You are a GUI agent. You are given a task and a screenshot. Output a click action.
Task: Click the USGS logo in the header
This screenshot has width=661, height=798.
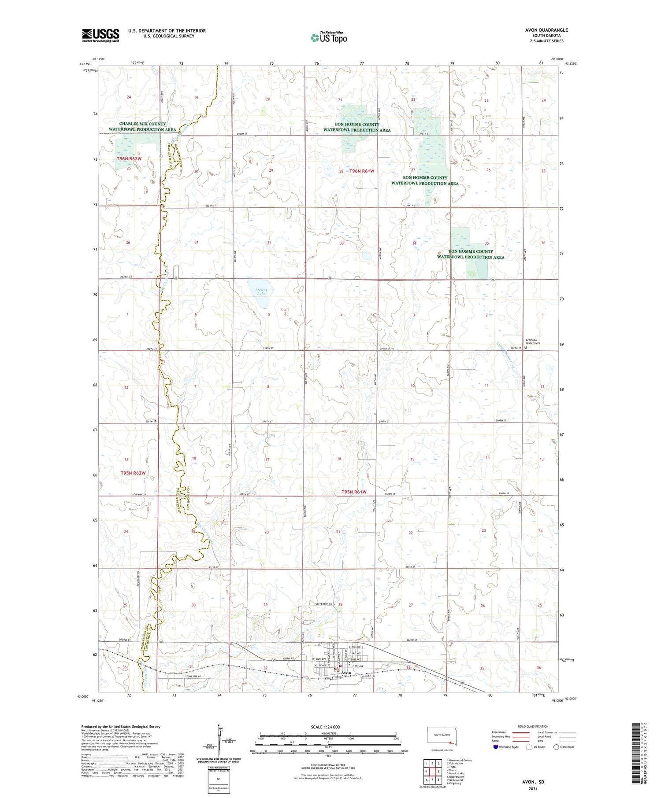tap(100, 35)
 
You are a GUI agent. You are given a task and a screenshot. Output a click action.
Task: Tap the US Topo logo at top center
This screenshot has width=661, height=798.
tap(329, 37)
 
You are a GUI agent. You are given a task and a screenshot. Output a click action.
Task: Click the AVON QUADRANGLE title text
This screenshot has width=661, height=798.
tap(546, 30)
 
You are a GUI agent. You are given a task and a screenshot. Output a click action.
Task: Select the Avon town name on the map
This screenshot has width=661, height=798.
tap(346, 673)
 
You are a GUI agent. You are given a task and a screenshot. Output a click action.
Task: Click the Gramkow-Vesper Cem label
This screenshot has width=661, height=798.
tap(532, 342)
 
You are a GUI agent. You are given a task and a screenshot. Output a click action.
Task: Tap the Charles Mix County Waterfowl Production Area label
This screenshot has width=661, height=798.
tap(142, 127)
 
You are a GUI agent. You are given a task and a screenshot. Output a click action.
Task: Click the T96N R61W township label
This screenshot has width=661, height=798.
tap(361, 171)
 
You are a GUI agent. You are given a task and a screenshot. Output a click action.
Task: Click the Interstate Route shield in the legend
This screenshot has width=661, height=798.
tap(496, 747)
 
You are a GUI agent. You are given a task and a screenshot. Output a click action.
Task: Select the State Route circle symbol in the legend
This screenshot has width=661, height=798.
tap(556, 747)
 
